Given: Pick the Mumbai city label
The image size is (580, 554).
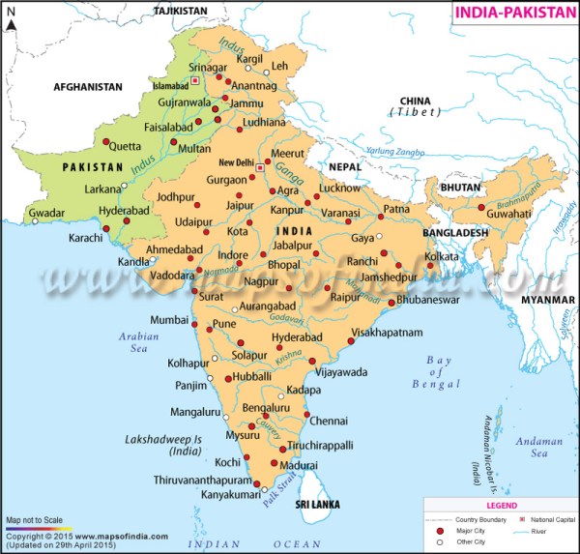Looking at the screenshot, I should (x=169, y=318).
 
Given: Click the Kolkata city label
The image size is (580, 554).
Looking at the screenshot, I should (x=442, y=256).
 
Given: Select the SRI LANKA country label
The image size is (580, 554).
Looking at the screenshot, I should (x=320, y=505).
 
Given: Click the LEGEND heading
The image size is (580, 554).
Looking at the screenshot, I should (x=499, y=506).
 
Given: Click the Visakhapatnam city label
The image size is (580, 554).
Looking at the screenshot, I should (x=387, y=332).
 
